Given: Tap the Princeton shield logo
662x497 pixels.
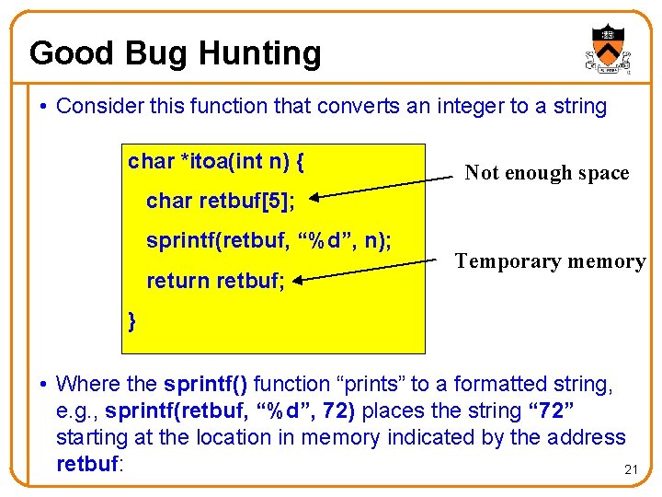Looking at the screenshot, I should point(607,49).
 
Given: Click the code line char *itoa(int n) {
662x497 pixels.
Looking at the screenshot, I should point(217,163).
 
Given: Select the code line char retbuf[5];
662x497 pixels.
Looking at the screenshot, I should point(220,202).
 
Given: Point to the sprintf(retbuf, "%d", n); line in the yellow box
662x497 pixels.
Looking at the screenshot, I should point(268,241).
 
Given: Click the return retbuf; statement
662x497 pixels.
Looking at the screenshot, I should point(215,280).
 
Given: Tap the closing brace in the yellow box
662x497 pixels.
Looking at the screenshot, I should point(133,320).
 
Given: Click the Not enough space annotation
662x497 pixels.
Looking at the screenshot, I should point(546,172).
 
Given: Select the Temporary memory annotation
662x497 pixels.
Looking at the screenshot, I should point(550,260).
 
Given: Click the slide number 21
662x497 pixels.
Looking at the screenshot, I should point(631,470).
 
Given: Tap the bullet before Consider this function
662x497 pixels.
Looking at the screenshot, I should point(44,107).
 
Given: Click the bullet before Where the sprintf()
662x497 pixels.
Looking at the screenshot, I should point(44,385).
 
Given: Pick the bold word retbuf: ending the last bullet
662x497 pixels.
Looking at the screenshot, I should point(89,464).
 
